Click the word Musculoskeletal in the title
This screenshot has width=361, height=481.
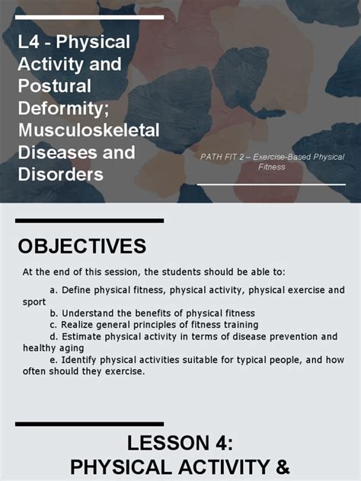point(88,130)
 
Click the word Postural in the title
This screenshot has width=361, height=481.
point(54,85)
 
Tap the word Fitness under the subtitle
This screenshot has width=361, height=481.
point(271,167)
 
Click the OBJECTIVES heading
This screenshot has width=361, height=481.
point(81,247)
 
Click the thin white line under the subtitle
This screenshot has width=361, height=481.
point(271,184)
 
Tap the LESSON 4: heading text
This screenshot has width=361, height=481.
point(180,443)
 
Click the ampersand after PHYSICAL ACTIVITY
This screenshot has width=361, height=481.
point(283,467)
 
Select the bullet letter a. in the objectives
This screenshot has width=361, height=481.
point(53,290)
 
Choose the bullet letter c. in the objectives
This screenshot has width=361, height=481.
point(53,324)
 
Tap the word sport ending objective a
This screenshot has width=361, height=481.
point(34,301)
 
